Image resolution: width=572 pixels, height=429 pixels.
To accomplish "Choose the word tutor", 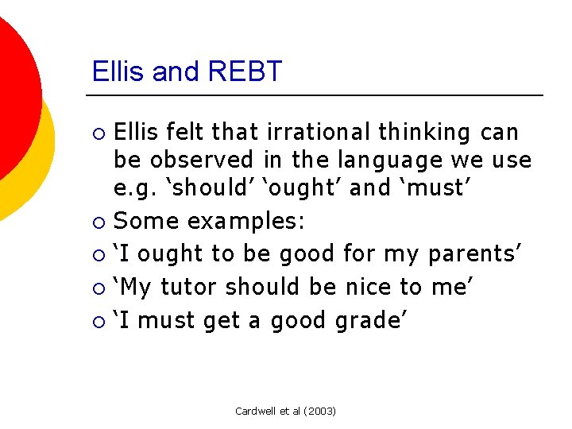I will click(x=191, y=287).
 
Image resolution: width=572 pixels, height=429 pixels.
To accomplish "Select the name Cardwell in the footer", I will click(x=256, y=411).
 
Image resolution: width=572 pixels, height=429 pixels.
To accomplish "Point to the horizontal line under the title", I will click(x=318, y=95).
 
